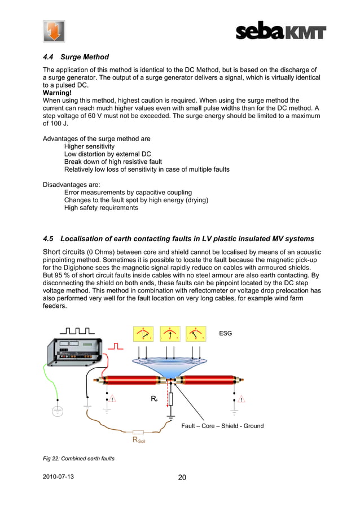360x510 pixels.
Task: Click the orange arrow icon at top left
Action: pos(54,31)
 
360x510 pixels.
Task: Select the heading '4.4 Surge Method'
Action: pos(76,57)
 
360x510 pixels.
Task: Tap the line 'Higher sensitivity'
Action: pos(89,146)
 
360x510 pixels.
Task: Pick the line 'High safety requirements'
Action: pos(101,208)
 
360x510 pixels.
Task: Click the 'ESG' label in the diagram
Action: pos(225,334)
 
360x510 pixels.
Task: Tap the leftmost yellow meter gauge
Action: pos(143,334)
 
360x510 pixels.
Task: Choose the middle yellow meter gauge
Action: pos(170,334)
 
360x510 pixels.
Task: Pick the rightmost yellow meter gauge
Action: pos(196,334)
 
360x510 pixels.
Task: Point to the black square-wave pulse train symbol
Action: pos(76,330)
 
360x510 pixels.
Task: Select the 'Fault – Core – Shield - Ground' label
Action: pos(222,425)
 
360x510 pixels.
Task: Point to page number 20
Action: pos(182,477)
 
